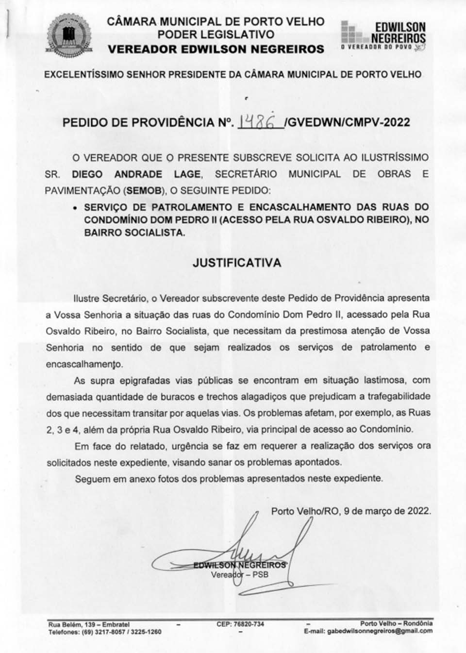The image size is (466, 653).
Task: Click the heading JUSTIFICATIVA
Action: (237, 263)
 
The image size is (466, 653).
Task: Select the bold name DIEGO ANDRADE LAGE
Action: (136, 174)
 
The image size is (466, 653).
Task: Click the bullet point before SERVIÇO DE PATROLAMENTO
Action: (75, 207)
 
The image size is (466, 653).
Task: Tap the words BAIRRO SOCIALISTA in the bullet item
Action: (134, 233)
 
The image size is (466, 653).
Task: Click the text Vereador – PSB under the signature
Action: (239, 575)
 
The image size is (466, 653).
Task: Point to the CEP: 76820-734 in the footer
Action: (240, 624)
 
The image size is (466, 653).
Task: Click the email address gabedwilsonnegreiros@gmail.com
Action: (380, 632)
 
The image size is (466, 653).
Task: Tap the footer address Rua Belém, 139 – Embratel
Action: (89, 624)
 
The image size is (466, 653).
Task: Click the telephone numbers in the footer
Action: (105, 632)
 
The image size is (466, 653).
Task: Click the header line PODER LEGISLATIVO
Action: (216, 35)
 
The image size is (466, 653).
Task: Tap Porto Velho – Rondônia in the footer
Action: (396, 623)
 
